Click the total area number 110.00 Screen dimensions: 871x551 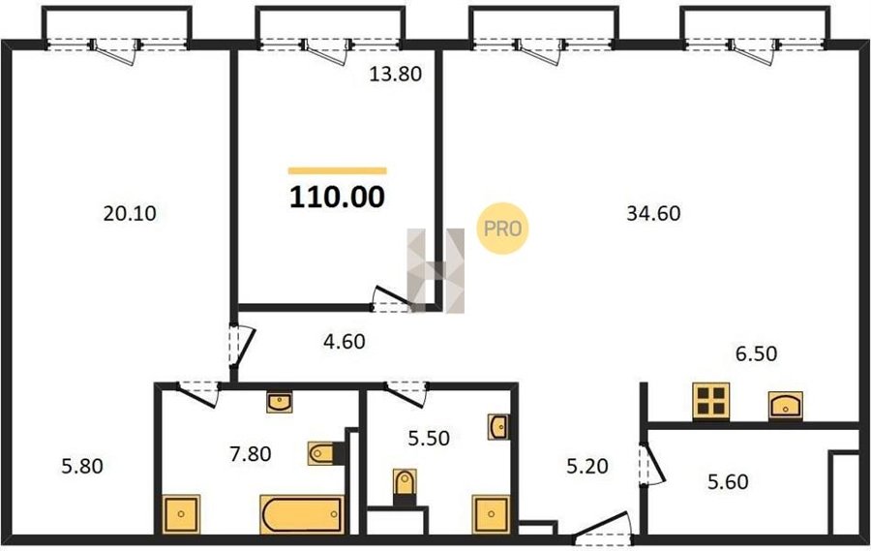[x=337, y=197]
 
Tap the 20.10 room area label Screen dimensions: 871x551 [x=130, y=213]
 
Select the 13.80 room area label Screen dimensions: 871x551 [x=396, y=74]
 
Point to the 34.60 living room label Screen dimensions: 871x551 [x=653, y=213]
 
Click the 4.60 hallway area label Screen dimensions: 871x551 [x=345, y=342]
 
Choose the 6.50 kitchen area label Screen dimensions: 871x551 [x=756, y=353]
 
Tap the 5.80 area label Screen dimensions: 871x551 [x=82, y=466]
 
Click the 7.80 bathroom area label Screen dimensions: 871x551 [x=251, y=454]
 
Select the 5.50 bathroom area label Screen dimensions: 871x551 [x=429, y=438]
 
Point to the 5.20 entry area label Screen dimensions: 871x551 [x=587, y=466]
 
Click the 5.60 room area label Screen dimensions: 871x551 [x=728, y=481]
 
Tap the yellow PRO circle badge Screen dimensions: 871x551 [x=502, y=229]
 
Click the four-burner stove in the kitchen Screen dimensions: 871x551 [x=710, y=401]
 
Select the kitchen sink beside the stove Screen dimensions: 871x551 [x=786, y=406]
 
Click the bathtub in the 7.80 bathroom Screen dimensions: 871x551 [x=302, y=514]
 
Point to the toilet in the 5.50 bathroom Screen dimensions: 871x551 [x=405, y=487]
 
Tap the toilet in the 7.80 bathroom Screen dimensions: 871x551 [x=325, y=453]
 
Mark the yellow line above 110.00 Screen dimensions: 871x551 [x=337, y=171]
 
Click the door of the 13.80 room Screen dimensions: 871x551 [x=392, y=299]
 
